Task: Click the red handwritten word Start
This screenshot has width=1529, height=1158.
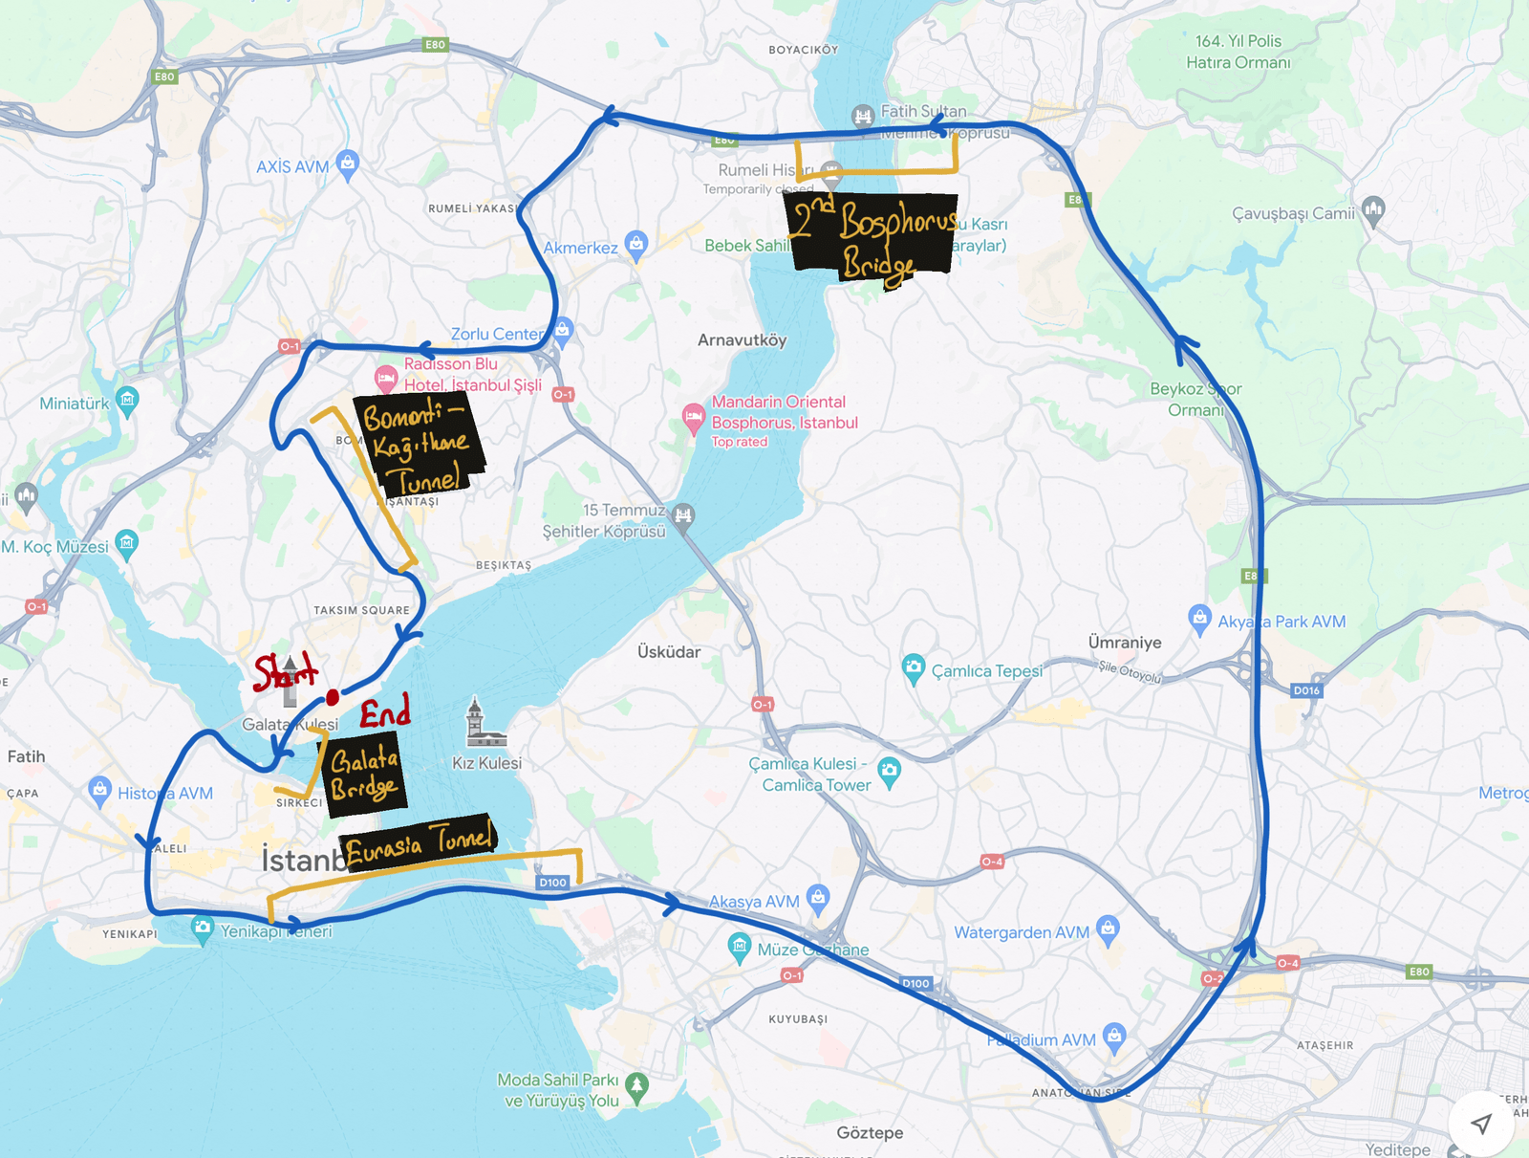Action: click(284, 671)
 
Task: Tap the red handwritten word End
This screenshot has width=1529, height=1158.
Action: click(385, 712)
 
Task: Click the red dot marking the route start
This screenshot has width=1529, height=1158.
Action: click(333, 697)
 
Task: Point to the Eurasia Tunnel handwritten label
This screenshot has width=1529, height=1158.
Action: click(420, 841)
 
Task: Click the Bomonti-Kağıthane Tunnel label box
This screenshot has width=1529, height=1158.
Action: click(418, 444)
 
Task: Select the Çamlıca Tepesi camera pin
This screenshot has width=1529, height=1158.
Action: click(914, 667)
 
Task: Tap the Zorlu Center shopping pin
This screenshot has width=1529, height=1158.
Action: click(563, 331)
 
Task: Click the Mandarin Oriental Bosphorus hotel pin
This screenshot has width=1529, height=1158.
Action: click(693, 418)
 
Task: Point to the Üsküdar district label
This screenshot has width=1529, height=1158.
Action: click(669, 652)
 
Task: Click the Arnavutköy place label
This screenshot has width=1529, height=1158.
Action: click(742, 340)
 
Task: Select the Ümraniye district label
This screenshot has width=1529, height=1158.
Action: click(1125, 643)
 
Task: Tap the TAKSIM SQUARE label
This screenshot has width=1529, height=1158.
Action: click(361, 610)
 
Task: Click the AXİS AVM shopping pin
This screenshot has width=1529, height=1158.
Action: click(348, 164)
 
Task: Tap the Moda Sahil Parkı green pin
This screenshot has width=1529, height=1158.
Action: click(636, 1085)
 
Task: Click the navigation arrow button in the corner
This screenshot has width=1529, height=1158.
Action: click(1481, 1124)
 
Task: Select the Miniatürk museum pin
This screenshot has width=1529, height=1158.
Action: click(127, 399)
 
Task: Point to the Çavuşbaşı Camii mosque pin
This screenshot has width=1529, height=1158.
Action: click(1373, 209)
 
